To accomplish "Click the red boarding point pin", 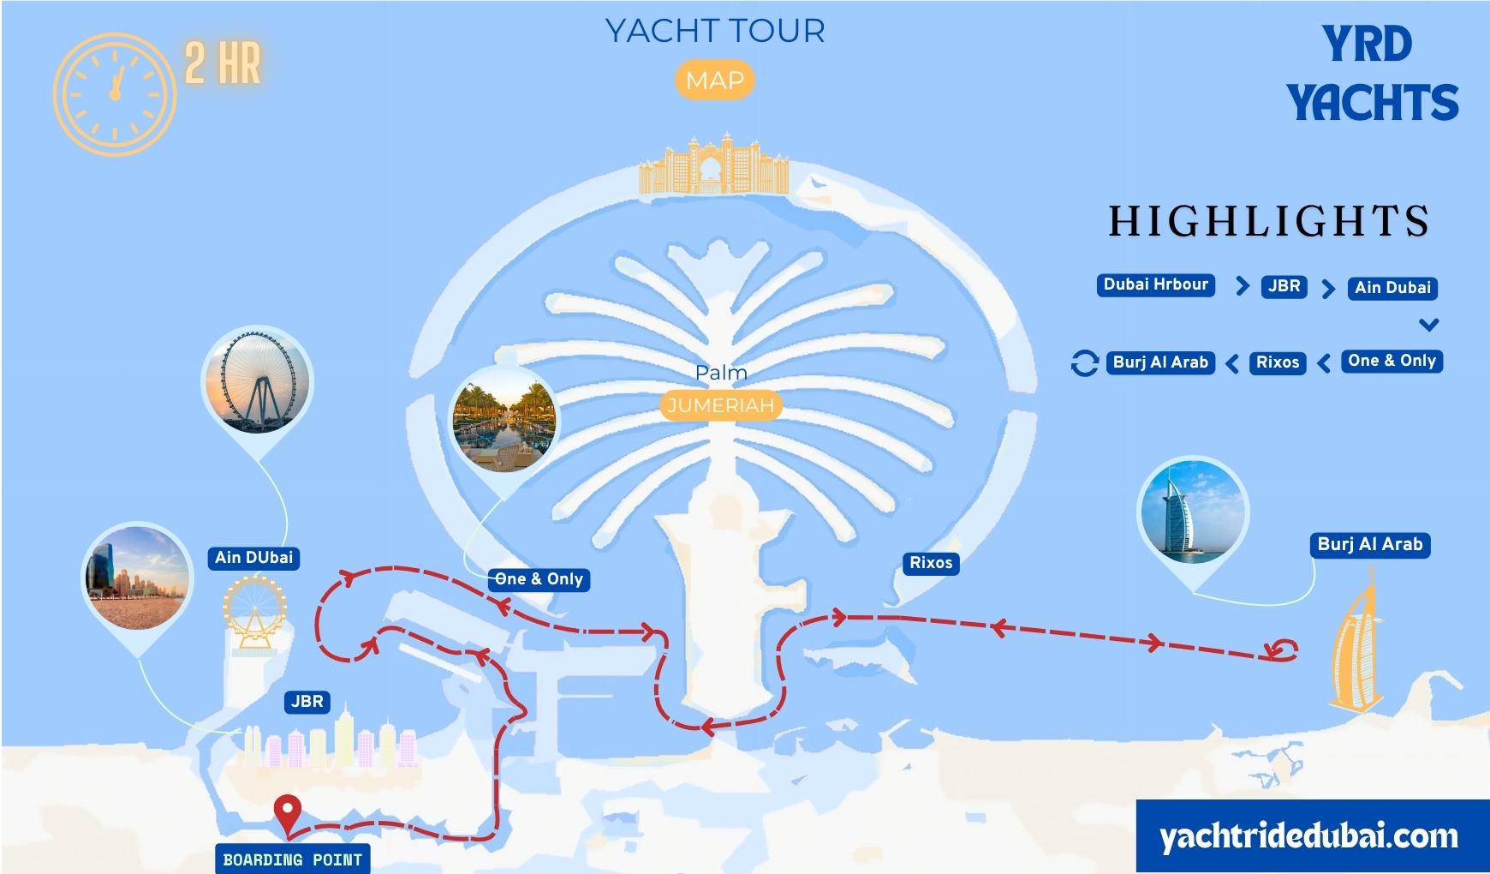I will [287, 811].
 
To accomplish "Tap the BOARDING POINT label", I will [292, 859].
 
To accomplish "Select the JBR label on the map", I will [307, 702].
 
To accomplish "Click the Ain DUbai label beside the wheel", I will [253, 558].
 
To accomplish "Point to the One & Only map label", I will [539, 579].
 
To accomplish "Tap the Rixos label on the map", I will [931, 563].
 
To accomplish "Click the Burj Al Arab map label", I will [1369, 544].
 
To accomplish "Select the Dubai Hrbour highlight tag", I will [1155, 285].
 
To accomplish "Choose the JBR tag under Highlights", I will [1284, 286].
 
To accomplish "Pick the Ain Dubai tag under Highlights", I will [1392, 288].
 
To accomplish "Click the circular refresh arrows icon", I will [1084, 363].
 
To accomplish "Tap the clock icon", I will [115, 94].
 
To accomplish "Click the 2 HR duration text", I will [223, 63].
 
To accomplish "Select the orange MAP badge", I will [715, 81].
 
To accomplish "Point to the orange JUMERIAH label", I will [720, 405].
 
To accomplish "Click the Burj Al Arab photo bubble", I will [1192, 512].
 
